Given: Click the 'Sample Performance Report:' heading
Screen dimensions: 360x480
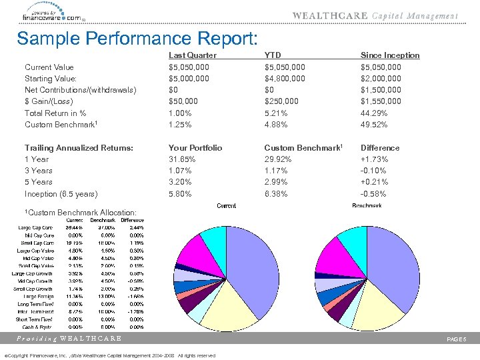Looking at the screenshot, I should click(137, 39).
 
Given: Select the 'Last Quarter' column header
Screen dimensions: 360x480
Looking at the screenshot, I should click(192, 55).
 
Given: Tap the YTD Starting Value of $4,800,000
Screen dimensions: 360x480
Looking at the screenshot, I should click(285, 79).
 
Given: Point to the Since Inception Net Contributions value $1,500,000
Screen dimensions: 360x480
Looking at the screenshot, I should click(381, 90).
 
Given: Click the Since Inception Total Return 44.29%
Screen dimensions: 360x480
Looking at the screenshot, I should click(374, 113).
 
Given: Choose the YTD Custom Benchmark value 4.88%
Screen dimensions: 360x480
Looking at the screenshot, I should click(276, 125).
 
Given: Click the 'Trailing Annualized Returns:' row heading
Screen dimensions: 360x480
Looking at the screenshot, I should click(79, 148).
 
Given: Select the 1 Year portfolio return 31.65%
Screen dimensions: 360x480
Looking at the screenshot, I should click(182, 159).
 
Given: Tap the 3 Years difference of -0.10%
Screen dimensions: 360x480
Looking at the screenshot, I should click(373, 171).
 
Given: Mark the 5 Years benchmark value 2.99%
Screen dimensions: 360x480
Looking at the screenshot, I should click(276, 182).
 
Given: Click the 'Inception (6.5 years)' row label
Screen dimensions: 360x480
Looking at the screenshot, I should click(61, 194).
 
